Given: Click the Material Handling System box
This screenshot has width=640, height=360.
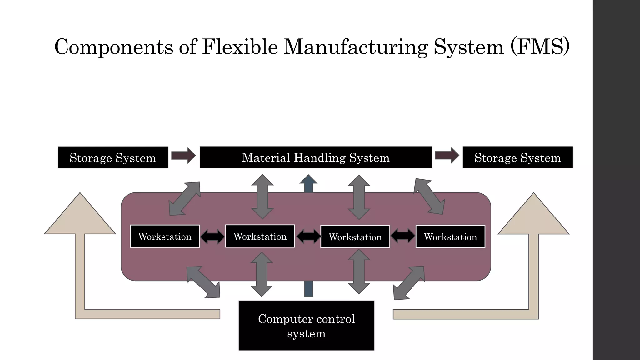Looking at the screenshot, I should (316, 157).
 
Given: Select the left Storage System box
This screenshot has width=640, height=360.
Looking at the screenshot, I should (113, 157).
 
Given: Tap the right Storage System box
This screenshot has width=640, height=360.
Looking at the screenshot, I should (517, 157).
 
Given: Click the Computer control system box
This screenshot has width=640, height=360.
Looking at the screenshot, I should (306, 326).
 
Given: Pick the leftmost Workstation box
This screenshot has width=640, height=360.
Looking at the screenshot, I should (165, 236).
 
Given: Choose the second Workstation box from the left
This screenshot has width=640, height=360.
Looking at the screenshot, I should (260, 236).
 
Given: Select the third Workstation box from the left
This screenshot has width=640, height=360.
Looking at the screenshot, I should (355, 237).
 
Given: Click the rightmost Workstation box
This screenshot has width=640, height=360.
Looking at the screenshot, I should (450, 237).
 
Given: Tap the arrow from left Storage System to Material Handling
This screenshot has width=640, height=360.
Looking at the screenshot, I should (183, 155).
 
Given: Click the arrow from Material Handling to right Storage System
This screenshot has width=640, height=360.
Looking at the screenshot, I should (447, 155).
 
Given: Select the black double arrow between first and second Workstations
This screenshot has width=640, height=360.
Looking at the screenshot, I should (212, 237).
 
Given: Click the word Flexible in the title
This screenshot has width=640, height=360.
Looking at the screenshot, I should (240, 47).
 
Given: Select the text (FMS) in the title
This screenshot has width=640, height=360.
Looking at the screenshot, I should (540, 47).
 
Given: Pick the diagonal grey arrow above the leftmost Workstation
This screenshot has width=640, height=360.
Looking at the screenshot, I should (184, 198).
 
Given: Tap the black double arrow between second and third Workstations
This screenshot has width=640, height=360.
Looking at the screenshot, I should (308, 236).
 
